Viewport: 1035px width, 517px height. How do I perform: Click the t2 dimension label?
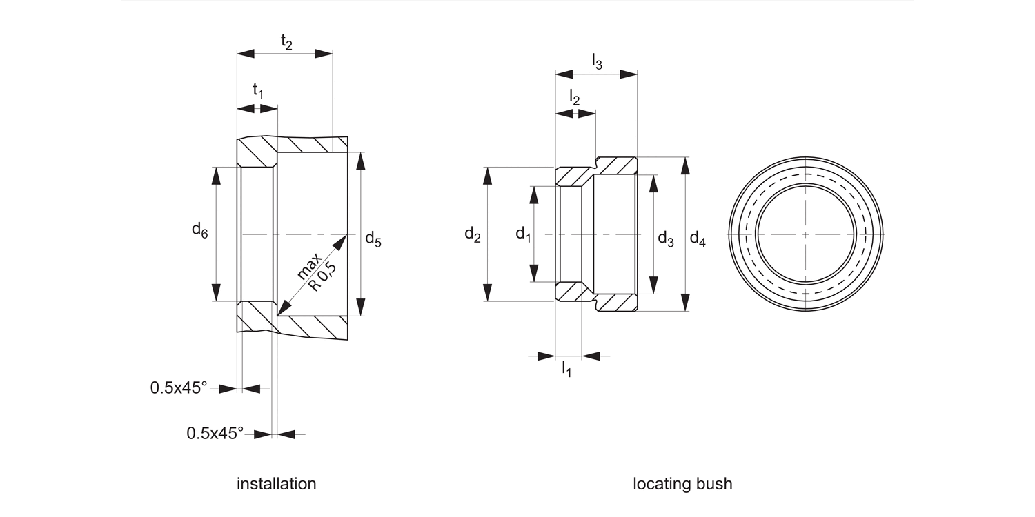tap(286, 42)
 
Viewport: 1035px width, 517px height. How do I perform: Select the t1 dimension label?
tap(258, 90)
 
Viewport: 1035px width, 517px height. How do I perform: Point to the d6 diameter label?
tap(199, 230)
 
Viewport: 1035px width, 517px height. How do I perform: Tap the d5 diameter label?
tap(373, 239)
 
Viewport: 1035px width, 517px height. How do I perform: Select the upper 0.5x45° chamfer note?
tap(179, 388)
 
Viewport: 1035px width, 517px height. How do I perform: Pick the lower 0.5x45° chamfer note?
tap(215, 434)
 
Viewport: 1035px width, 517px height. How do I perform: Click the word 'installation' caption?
tap(276, 484)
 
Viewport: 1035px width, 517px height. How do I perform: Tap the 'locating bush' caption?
tap(682, 484)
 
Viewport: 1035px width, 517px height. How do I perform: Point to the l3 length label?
tap(597, 63)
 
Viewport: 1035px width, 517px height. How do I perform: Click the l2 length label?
tap(574, 98)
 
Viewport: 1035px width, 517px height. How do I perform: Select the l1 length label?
tap(566, 369)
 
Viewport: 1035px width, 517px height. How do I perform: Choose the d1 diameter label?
tap(523, 234)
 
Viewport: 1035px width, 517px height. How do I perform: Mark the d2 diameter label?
tap(472, 234)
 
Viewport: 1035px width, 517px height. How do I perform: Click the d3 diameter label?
tap(665, 239)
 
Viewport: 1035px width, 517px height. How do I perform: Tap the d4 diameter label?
tap(698, 239)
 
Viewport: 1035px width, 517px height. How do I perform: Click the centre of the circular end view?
tap(806, 234)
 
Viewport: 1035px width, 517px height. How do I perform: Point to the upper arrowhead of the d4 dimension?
tap(685, 165)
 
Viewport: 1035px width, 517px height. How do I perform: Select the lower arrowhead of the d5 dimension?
tap(360, 306)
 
